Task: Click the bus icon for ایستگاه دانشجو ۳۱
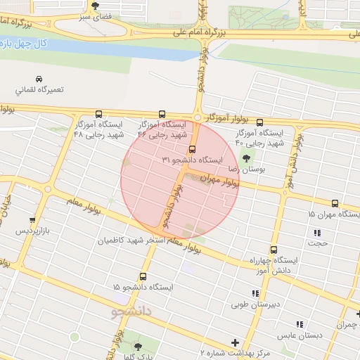[x=191, y=148]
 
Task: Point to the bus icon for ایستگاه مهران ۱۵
[x=334, y=202]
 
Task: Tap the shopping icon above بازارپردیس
[x=32, y=219]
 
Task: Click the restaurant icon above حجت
[x=317, y=232]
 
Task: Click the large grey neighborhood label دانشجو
[x=132, y=310]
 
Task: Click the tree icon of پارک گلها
[x=137, y=347]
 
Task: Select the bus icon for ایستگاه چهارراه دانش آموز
[x=273, y=249]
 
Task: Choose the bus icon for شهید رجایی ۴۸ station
[x=98, y=113]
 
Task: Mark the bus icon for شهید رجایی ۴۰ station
[x=259, y=122]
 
